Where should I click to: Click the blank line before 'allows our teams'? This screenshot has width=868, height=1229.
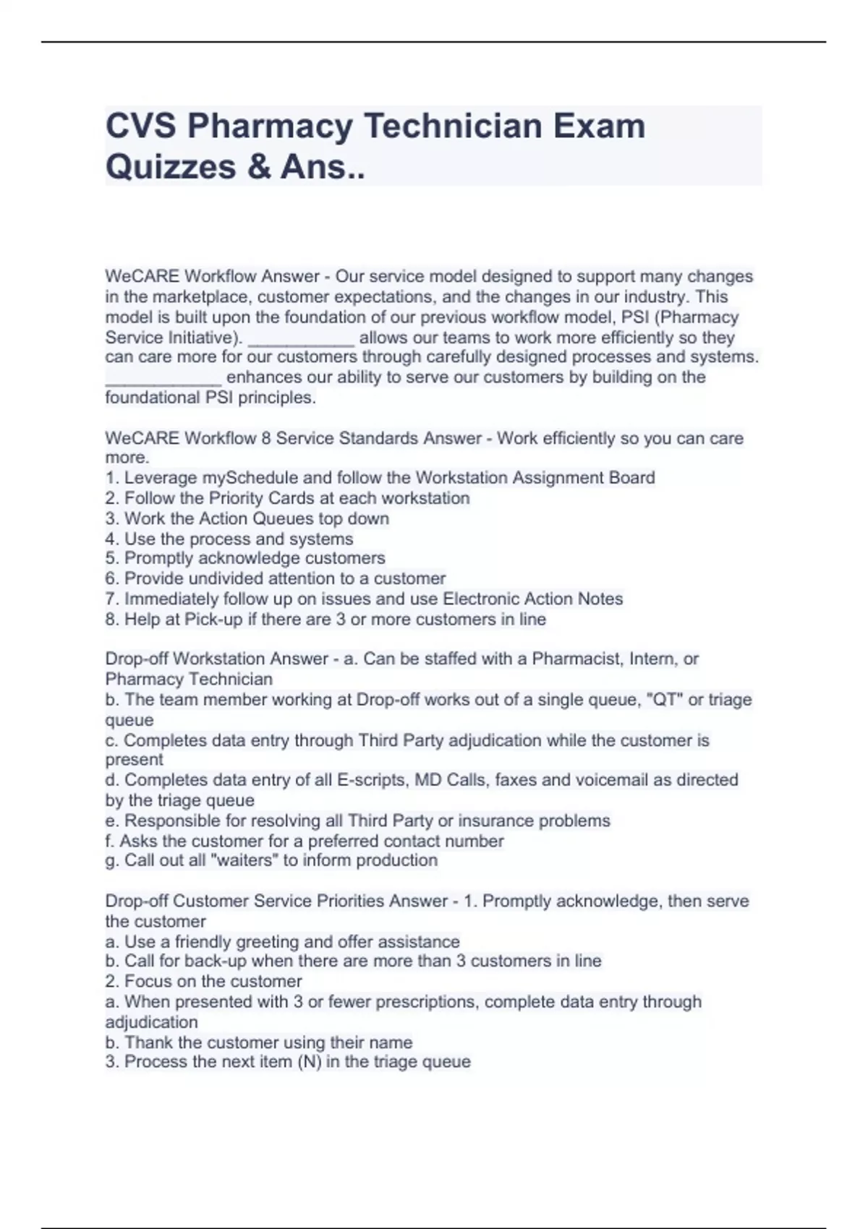tap(301, 338)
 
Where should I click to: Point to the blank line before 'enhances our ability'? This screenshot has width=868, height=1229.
tap(163, 377)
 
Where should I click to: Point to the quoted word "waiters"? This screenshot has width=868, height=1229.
tap(243, 860)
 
